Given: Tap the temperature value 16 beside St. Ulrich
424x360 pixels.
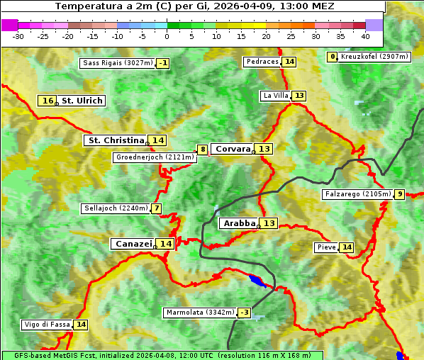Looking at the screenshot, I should tap(48, 101).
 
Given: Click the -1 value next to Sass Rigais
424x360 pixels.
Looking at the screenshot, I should tap(163, 63).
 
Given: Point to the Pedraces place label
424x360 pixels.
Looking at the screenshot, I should tap(262, 62).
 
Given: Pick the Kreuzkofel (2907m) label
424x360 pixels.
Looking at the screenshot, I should tap(374, 57).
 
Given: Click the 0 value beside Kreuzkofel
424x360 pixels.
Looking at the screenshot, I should tap(333, 57).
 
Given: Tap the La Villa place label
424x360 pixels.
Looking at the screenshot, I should tap(275, 96).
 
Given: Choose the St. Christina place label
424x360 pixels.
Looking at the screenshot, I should tap(116, 140).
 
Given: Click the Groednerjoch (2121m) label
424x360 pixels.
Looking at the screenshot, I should tap(155, 157).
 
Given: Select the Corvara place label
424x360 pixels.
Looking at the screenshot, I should tap(233, 149).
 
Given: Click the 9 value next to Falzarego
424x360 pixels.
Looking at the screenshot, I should tap(400, 194).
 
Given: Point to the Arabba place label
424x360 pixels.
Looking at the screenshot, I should tap(239, 223).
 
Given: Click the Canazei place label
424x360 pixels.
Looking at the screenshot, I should tap(133, 244).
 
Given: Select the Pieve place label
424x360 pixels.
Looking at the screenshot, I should tap(326, 247).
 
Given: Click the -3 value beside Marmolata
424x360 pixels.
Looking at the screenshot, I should tap(245, 313).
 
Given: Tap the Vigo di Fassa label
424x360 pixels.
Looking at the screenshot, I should tap(48, 325).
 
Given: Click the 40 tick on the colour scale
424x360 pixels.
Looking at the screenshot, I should tap(365, 35).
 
